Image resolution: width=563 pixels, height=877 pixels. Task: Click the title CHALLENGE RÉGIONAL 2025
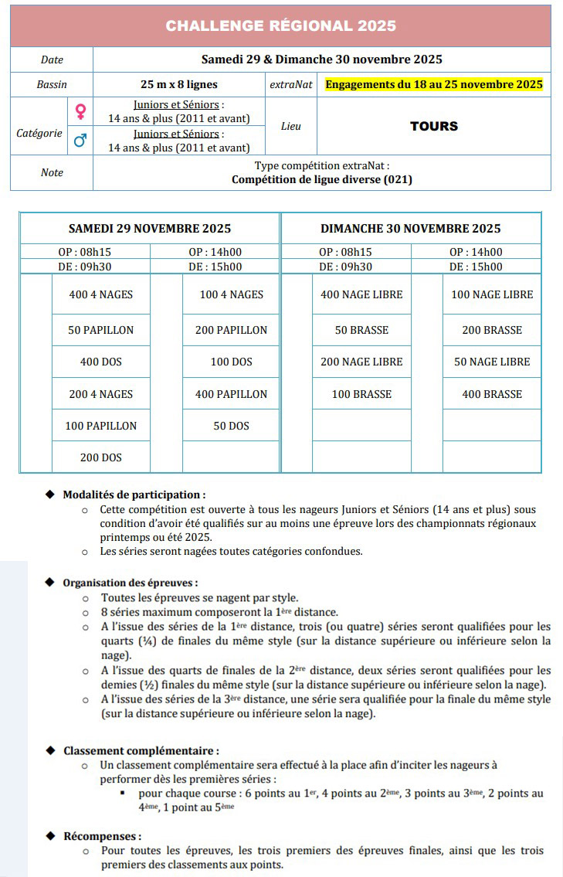click(x=280, y=26)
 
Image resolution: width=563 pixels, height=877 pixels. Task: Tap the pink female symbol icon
click(x=80, y=112)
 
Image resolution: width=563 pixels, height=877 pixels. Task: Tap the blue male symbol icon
click(x=80, y=141)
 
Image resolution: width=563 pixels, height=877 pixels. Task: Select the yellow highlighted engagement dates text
click(x=434, y=84)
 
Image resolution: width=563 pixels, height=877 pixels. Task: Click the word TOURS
click(x=434, y=126)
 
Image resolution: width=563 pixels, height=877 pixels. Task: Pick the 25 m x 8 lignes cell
click(x=179, y=84)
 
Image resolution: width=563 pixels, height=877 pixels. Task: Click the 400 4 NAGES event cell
click(x=100, y=294)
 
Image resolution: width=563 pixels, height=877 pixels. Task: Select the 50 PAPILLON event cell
click(x=100, y=330)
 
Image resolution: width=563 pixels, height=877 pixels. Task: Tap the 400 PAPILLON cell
click(x=231, y=394)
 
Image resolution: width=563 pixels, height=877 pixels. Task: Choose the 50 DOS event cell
click(x=231, y=426)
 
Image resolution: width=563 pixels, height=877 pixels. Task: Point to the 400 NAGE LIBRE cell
click(x=361, y=294)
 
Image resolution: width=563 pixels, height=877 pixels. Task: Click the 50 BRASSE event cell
click(x=361, y=330)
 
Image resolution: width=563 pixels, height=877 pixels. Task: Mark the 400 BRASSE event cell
click(x=492, y=394)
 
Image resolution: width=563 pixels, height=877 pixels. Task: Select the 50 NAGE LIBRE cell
click(x=492, y=362)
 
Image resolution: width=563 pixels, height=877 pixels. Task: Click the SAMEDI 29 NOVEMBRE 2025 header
click(x=150, y=229)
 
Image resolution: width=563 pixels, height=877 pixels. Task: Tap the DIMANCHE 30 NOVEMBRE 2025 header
click(x=411, y=229)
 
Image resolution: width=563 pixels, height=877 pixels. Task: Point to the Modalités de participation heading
click(x=134, y=495)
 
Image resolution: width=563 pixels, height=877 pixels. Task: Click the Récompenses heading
click(x=103, y=836)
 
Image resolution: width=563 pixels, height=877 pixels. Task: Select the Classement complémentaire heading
click(x=141, y=750)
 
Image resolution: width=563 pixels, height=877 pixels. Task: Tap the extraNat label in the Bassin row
click(x=291, y=84)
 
